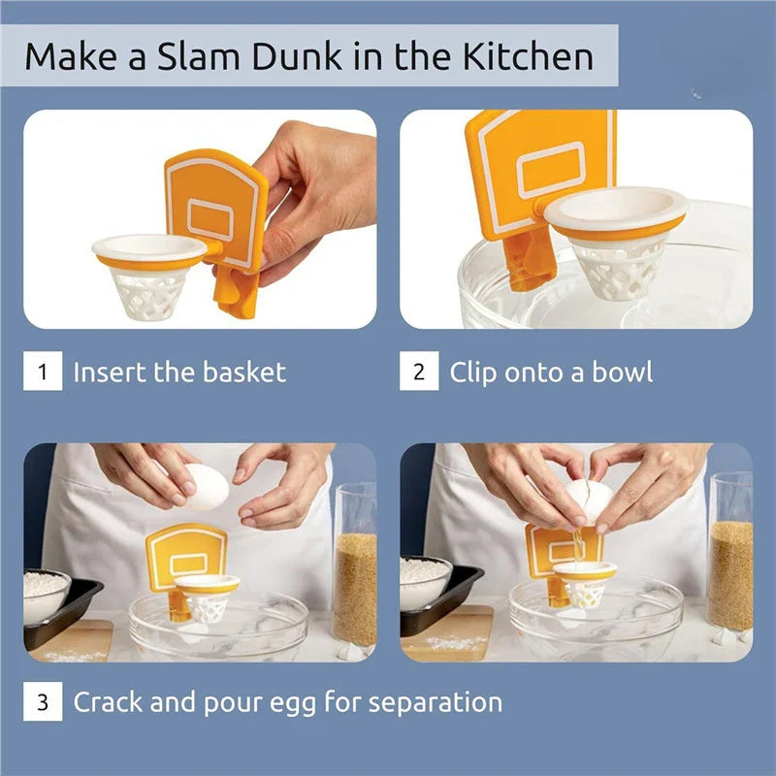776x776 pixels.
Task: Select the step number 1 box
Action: [x=43, y=372]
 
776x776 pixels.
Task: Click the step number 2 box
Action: [x=419, y=372]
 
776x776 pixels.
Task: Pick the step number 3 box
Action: [x=43, y=701]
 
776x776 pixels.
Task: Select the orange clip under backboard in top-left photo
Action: [x=236, y=294]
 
